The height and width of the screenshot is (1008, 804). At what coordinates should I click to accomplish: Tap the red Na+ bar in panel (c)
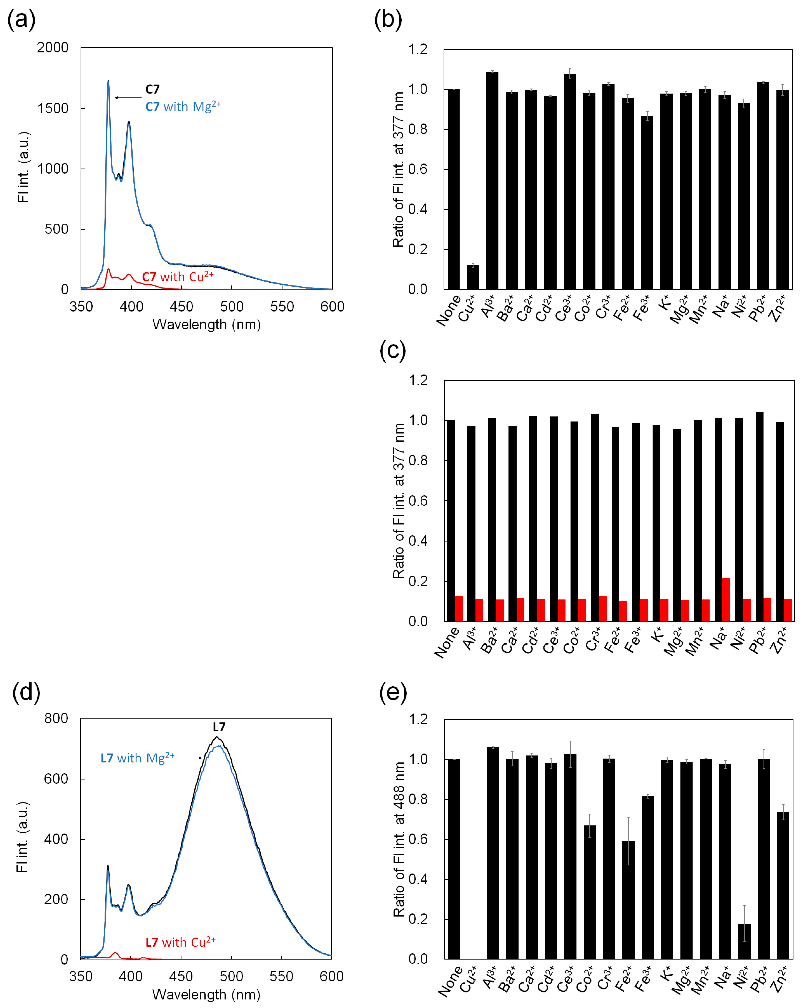point(726,599)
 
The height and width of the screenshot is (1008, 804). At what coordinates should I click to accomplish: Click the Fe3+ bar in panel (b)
point(647,202)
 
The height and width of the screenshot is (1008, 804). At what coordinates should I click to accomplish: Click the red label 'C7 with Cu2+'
point(178,277)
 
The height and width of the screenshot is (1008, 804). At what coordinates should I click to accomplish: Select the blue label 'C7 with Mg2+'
point(183,107)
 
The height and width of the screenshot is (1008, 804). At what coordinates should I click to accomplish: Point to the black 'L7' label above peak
point(219,727)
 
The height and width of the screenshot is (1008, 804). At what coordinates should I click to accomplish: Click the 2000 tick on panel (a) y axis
point(52,48)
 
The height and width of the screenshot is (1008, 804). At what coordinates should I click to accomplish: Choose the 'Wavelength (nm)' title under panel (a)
point(206,325)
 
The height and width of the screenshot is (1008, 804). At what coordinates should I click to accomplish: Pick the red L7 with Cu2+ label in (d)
point(180,942)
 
